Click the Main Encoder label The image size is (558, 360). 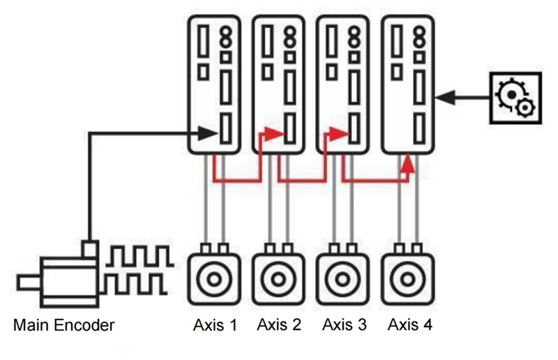63,325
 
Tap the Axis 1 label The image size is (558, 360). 215,324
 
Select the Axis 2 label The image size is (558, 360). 279,324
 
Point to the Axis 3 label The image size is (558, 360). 345,324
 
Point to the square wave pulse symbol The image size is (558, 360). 137,269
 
